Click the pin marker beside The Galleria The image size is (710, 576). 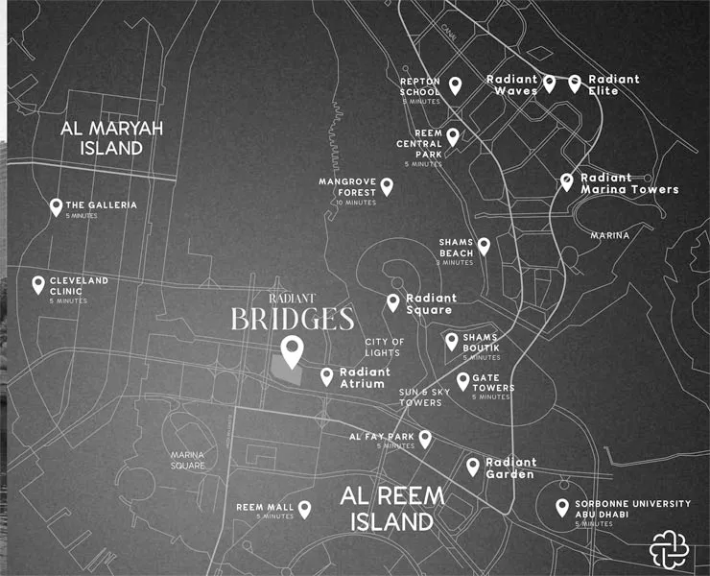pos(56,206)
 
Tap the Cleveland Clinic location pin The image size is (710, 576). pos(38,284)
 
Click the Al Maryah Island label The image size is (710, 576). pos(113,138)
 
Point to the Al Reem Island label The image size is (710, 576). pos(392,509)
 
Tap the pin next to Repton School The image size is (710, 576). pos(456,86)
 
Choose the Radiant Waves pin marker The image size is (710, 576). pos(550,84)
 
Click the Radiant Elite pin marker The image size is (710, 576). pos(575,84)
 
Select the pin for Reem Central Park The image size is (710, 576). pos(453,137)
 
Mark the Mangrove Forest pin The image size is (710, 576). pos(387,186)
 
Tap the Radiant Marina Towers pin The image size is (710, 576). pos(567,181)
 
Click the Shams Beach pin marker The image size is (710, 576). pos(484,247)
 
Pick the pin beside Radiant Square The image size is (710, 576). pos(393,302)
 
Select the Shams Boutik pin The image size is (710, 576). pos(452,341)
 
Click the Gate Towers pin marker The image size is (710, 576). pos(463,381)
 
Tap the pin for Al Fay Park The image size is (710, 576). pos(425,440)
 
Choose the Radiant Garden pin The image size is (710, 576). pos(473,467)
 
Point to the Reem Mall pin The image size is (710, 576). pos(305,509)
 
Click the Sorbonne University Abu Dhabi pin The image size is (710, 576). pos(562,508)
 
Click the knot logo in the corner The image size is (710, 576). pos(669,548)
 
